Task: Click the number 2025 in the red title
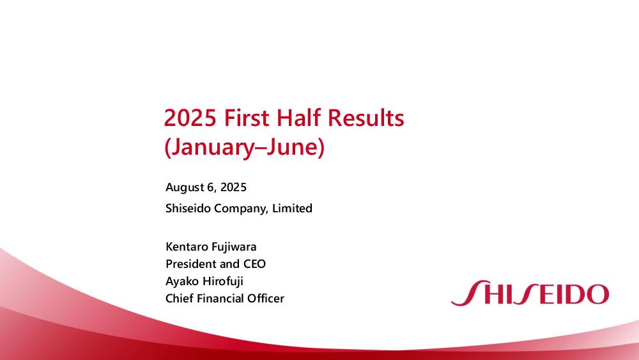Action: [x=190, y=118]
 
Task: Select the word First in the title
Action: [x=247, y=118]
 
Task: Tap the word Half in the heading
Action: [x=298, y=118]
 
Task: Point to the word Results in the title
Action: [x=366, y=118]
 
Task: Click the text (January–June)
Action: [x=245, y=147]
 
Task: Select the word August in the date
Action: [x=184, y=187]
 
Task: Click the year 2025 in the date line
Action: [x=233, y=187]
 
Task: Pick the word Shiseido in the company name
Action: [x=189, y=208]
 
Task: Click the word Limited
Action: [x=292, y=208]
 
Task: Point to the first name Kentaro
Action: [x=187, y=247]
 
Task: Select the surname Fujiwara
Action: [x=234, y=247]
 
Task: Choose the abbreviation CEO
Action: [x=255, y=264]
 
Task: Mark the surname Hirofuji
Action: [x=222, y=281]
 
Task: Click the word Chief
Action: [x=180, y=299]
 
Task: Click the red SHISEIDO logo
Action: [x=530, y=293]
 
